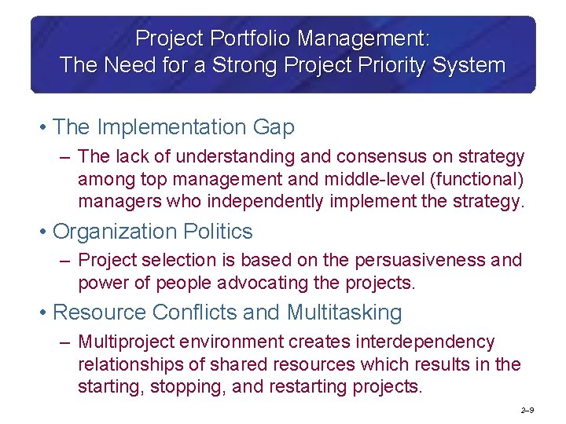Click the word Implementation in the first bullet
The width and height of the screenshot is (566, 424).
tap(170, 126)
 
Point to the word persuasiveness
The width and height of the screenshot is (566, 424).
tap(425, 260)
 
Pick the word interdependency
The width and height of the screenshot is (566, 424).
tap(427, 342)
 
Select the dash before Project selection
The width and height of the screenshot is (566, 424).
tap(65, 261)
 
